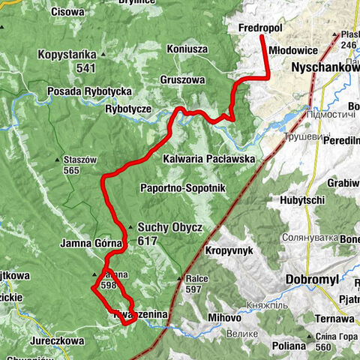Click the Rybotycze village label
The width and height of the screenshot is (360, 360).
click(128, 109)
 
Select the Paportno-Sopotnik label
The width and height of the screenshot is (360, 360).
click(182, 188)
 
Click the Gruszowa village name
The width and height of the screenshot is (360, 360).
click(182, 79)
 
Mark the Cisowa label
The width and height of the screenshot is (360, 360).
click(68, 11)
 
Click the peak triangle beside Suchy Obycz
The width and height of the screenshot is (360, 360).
click(130, 226)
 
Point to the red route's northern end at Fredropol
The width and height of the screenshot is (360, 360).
click(261, 37)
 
